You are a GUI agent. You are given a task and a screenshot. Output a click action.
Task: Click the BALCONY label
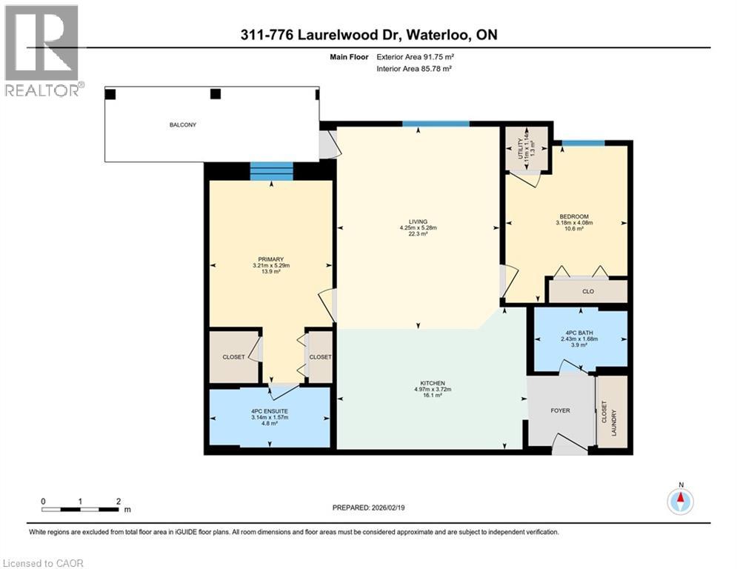[181, 125]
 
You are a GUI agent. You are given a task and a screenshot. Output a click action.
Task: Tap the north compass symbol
[679, 501]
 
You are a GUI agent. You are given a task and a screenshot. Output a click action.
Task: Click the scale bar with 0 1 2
[80, 509]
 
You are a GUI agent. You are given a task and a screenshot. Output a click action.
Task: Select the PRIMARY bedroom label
[270, 259]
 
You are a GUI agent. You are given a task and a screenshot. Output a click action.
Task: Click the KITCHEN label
[432, 383]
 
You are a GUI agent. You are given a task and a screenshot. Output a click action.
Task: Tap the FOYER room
[560, 410]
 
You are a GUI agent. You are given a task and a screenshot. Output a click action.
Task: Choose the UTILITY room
[527, 148]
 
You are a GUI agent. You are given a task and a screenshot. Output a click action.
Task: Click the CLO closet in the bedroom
[587, 291]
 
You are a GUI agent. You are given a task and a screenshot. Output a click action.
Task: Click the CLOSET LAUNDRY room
[612, 412]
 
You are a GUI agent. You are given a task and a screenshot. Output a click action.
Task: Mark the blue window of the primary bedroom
[270, 171]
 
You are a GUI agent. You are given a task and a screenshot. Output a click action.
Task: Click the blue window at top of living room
[436, 124]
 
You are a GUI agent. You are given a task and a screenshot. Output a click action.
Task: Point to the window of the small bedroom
[582, 143]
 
